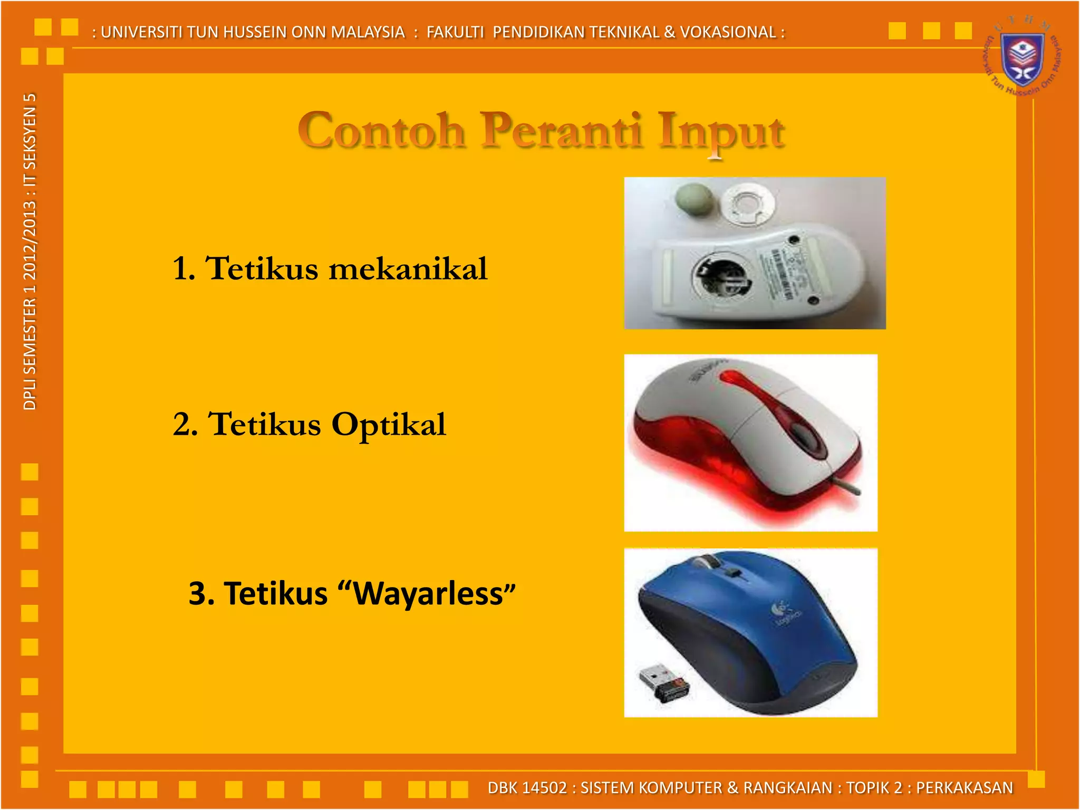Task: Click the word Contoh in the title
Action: (x=381, y=131)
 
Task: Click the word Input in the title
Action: (x=721, y=132)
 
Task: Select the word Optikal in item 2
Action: (x=389, y=425)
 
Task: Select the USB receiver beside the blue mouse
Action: (x=663, y=683)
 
